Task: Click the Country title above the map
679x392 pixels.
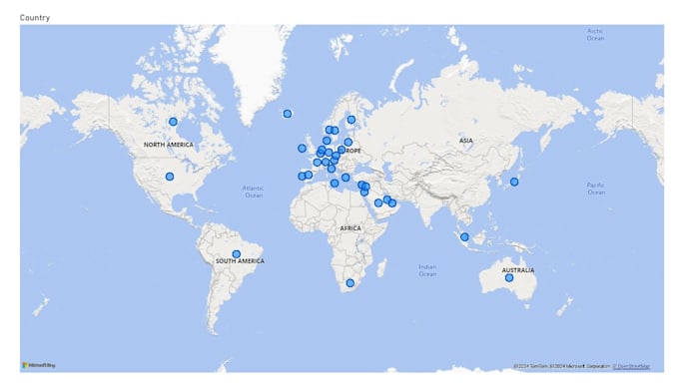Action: click(35, 18)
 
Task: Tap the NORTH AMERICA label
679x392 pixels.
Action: click(168, 145)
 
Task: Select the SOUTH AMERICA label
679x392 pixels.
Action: click(240, 261)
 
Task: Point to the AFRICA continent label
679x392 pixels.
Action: click(350, 228)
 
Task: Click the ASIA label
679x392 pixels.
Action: click(465, 141)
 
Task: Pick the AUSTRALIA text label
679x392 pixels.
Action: click(517, 269)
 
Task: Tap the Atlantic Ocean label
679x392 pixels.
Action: click(254, 192)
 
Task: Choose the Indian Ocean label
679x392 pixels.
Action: click(427, 269)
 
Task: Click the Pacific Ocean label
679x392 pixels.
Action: click(596, 189)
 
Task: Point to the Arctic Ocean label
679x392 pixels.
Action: click(596, 34)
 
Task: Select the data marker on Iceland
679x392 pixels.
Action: click(288, 114)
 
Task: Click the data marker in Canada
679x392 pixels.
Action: click(173, 122)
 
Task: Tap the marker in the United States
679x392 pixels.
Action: click(170, 177)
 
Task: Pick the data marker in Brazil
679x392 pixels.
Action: click(236, 253)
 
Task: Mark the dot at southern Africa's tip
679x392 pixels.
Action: click(349, 283)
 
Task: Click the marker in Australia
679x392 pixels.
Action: click(509, 278)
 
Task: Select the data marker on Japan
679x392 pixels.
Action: click(514, 182)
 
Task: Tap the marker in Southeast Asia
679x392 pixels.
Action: click(464, 237)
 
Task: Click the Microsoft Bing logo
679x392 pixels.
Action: click(39, 365)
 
